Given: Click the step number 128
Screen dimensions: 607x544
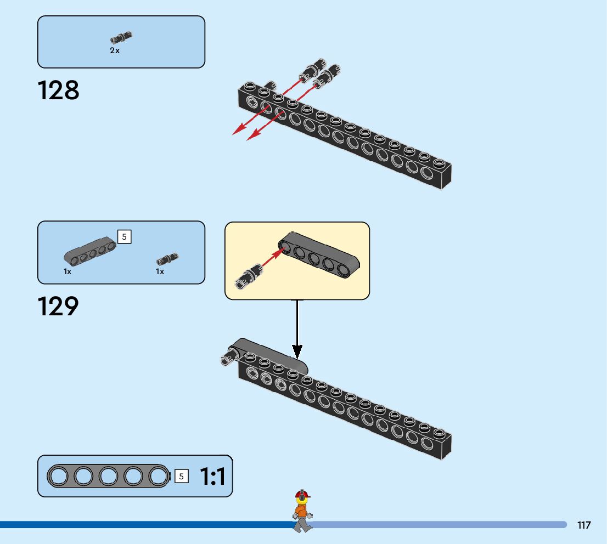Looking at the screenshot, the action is (x=59, y=90).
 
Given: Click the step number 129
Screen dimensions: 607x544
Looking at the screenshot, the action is (x=58, y=307).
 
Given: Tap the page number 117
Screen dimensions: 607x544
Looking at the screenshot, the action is (x=584, y=525).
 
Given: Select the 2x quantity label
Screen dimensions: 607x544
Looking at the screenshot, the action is (x=115, y=50).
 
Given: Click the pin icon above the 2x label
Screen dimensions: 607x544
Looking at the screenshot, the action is (x=121, y=37).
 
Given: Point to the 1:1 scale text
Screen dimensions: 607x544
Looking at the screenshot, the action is (x=212, y=477).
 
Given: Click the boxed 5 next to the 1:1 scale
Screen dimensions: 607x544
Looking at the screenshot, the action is (x=181, y=477).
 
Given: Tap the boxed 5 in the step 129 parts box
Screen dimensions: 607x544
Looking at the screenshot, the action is (x=124, y=237).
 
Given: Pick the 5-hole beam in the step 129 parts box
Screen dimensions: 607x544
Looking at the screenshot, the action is (x=90, y=252).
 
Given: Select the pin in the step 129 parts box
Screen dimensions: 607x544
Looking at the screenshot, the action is (x=167, y=259).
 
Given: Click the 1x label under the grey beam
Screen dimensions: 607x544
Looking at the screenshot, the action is (x=68, y=271).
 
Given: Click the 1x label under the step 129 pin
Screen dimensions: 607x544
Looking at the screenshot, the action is (x=160, y=271).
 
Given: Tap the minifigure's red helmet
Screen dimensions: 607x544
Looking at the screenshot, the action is (x=302, y=494).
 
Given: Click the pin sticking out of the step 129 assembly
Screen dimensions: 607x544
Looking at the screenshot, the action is (x=231, y=355).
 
